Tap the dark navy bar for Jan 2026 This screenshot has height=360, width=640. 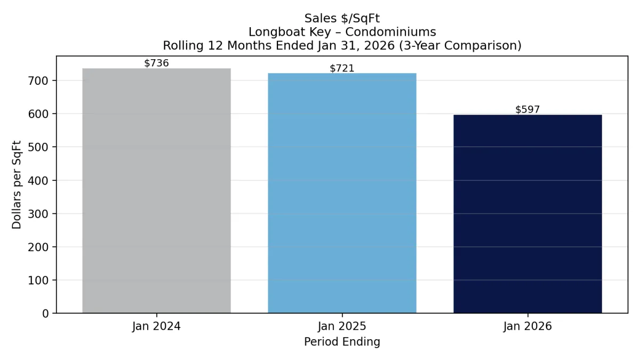[527, 214]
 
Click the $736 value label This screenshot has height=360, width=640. [156, 63]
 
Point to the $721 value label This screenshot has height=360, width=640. [342, 68]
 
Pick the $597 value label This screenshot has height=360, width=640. [527, 110]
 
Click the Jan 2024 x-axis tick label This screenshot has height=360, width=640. [156, 326]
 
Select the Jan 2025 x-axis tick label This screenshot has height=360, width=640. [342, 326]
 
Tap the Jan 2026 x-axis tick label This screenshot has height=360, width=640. [527, 326]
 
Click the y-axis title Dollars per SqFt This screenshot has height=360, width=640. [17, 184]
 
